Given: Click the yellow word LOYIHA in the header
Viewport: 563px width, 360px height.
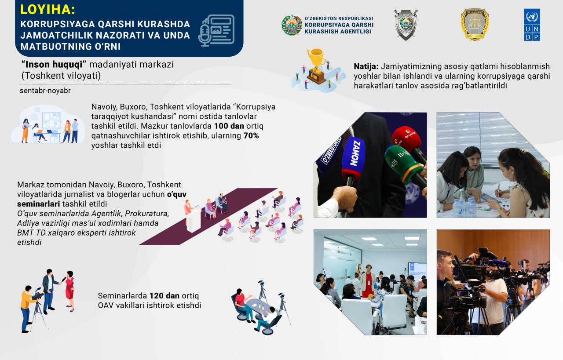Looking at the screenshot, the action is [47, 10].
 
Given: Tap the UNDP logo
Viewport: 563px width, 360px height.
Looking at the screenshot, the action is [532, 25].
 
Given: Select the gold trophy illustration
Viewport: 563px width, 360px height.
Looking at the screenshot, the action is [316, 66].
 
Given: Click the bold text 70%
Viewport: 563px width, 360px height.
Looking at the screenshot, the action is [251, 136].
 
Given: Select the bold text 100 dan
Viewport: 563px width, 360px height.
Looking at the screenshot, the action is [229, 126].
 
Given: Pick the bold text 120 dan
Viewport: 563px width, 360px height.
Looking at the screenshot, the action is [165, 296].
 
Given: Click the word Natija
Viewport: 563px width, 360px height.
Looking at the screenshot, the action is [366, 66].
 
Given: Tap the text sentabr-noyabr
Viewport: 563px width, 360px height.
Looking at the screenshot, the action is [45, 91].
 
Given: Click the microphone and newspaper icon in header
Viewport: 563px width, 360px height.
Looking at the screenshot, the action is [216, 30].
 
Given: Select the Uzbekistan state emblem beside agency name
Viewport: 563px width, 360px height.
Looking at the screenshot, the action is [292, 25].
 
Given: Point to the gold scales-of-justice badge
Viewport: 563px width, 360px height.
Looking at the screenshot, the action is [475, 25].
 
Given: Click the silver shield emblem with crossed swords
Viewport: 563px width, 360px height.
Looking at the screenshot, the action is [406, 25].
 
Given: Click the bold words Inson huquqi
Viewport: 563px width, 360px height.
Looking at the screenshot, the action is [54, 65].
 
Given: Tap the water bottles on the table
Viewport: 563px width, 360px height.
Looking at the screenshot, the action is [464, 206].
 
